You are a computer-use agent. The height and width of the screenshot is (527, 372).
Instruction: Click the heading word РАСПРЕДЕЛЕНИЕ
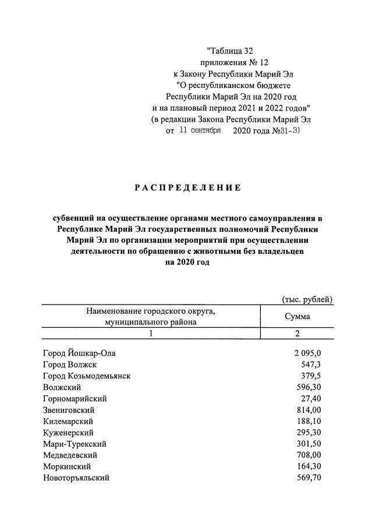pyautogui.click(x=187, y=188)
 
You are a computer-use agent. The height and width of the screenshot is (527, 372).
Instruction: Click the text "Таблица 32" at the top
pyautogui.click(x=229, y=51)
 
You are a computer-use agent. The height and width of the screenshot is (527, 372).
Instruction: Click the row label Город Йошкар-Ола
pyautogui.click(x=83, y=353)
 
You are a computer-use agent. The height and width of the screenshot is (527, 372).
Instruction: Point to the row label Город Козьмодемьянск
pyautogui.click(x=87, y=376)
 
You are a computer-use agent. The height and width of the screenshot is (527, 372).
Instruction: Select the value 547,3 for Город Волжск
pyautogui.click(x=311, y=365)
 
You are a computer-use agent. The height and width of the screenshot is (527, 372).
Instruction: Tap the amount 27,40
pyautogui.click(x=310, y=398)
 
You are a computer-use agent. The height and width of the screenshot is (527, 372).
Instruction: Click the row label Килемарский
pyautogui.click(x=68, y=421)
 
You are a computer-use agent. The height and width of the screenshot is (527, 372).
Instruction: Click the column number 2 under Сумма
pyautogui.click(x=297, y=334)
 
